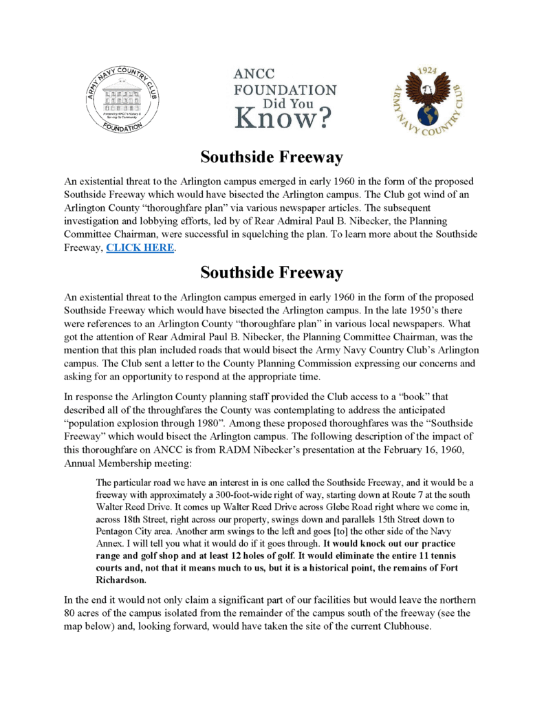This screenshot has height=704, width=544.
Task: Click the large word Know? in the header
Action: click(283, 118)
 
